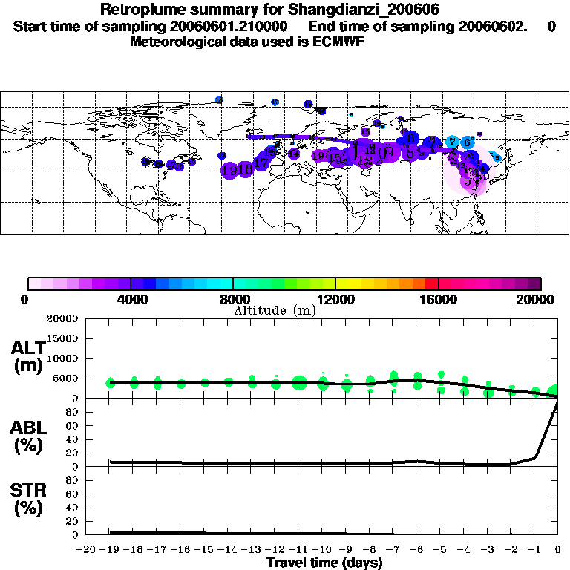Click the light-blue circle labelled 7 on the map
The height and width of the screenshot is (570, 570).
coord(452,142)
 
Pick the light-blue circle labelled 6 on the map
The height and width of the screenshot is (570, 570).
coord(467,142)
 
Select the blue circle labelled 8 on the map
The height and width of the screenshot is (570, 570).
coord(410,137)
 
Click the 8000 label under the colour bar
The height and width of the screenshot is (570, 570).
coord(232,300)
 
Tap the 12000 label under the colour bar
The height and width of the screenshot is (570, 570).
coord(335,300)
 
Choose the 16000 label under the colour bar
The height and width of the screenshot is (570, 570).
coord(439,300)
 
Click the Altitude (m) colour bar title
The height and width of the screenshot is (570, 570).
coord(275,310)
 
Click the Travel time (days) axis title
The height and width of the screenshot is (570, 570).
coord(324,563)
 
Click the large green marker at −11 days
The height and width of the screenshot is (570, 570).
coord(299,383)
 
